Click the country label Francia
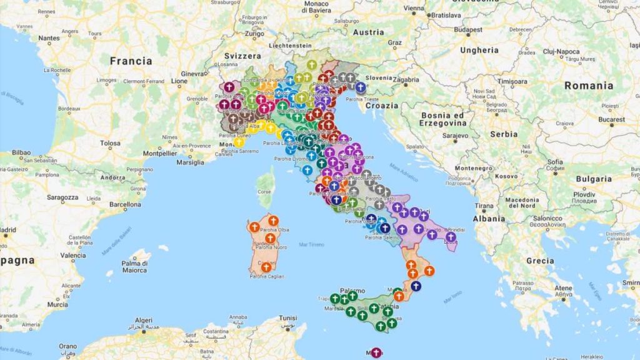[131, 61]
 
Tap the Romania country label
[588, 86]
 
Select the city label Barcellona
[125, 204]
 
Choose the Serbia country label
[504, 134]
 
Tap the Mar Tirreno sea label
[312, 244]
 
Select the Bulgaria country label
[576, 179]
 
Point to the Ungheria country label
[479, 50]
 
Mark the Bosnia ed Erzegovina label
[444, 119]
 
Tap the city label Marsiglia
[190, 162]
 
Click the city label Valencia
[73, 255]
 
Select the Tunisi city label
[287, 317]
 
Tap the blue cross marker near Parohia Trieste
[360, 87]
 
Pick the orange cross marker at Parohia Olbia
[272, 220]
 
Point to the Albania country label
[489, 219]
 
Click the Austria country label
[369, 32]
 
